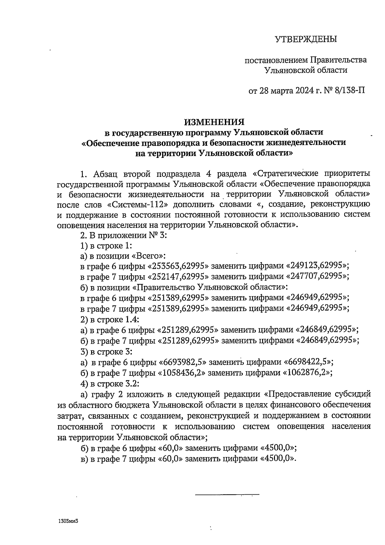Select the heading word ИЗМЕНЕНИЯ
pos(214,122)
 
